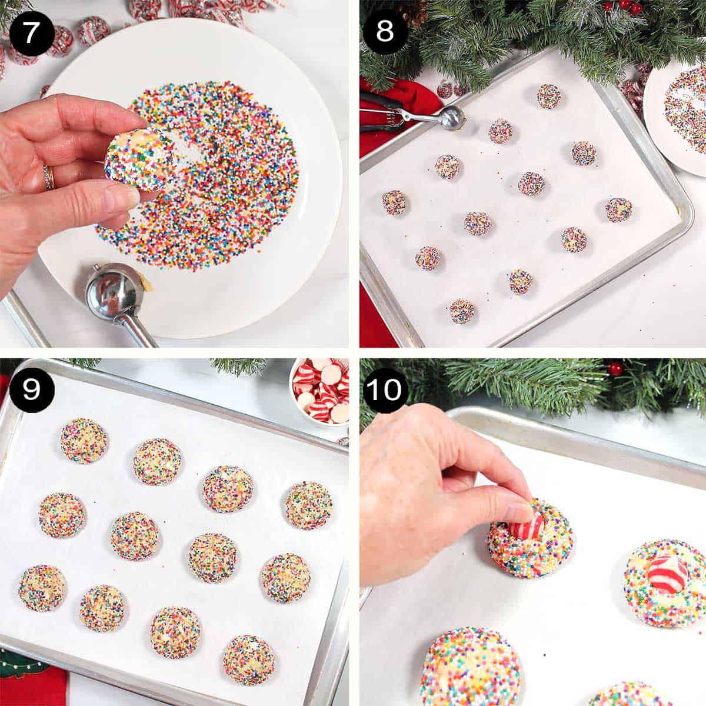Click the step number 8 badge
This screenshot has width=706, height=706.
[x=384, y=31]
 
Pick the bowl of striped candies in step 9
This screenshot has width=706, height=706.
[x=321, y=391]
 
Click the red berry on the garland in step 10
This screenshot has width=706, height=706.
[x=615, y=369]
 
